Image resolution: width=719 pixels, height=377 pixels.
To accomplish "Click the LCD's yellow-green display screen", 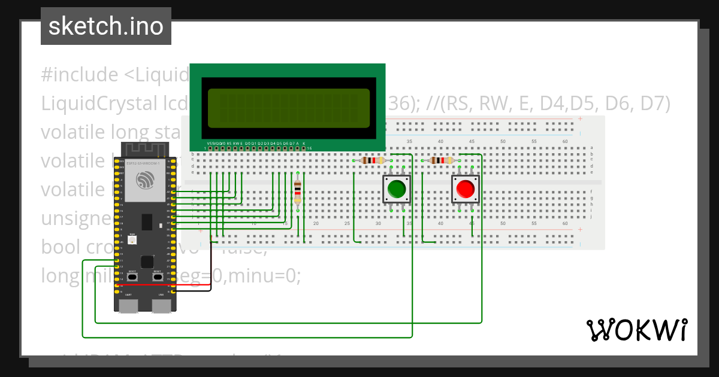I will point(288,107).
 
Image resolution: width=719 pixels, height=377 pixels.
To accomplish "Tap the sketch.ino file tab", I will point(106,26).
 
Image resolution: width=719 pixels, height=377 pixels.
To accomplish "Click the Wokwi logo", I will point(636,330).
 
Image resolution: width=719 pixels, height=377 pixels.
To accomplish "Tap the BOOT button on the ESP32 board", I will point(132,276).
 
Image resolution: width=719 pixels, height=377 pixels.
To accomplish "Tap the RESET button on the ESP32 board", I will point(157,276).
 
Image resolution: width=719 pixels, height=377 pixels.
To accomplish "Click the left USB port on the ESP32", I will point(128,306).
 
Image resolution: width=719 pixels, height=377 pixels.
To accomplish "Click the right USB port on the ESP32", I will point(161,306).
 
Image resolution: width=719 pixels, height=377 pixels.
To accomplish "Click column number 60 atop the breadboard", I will point(564,141).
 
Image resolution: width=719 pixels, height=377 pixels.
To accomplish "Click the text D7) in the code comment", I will point(653,104).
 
